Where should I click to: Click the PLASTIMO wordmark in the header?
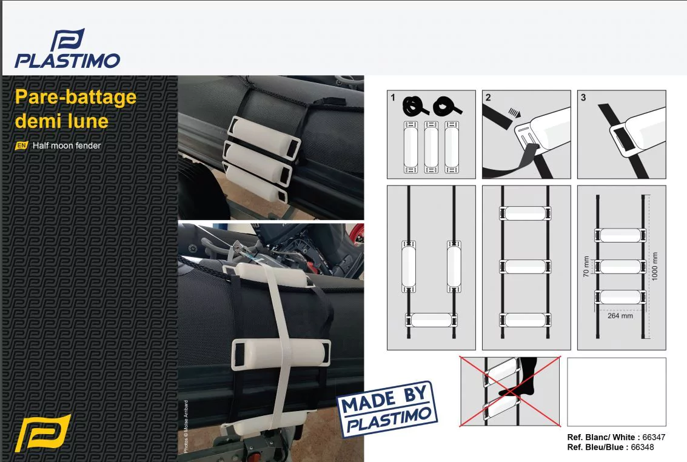click(x=67, y=61)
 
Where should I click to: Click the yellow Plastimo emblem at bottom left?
click(x=42, y=433)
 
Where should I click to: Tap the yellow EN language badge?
click(x=21, y=146)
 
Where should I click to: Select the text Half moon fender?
click(x=67, y=146)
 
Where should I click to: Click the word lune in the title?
click(x=86, y=121)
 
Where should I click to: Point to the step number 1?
click(x=392, y=97)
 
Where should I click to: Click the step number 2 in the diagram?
click(x=488, y=97)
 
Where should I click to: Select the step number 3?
click(x=583, y=97)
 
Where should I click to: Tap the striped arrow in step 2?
click(x=514, y=113)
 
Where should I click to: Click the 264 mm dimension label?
click(x=620, y=316)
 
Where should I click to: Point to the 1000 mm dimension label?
click(x=655, y=267)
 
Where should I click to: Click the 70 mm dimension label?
click(x=586, y=267)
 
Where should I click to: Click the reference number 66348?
click(x=642, y=447)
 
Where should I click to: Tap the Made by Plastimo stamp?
click(x=387, y=409)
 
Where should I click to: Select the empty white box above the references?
click(x=617, y=392)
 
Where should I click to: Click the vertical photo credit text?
click(x=186, y=426)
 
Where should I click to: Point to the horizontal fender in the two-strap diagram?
click(x=431, y=320)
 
